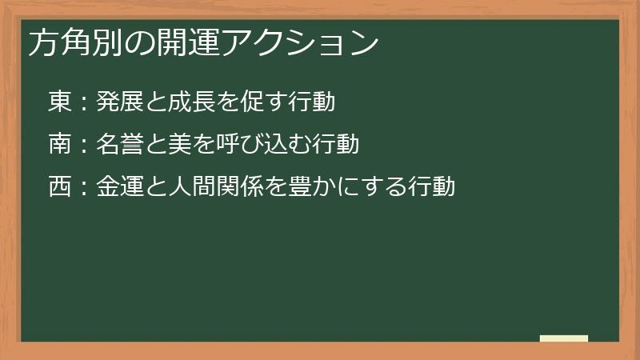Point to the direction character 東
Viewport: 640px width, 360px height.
[61, 102]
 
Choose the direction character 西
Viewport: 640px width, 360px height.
[61, 186]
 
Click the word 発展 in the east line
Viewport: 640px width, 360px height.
[119, 102]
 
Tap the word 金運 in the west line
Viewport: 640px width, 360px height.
[119, 186]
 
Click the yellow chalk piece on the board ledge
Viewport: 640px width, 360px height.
[564, 338]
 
